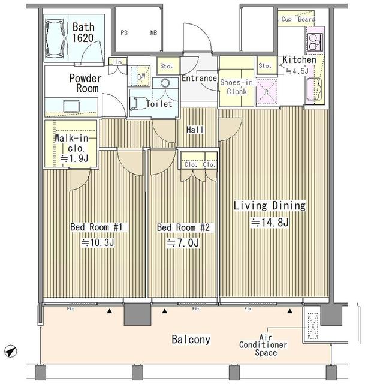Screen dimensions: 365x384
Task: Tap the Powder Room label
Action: [x=85, y=83]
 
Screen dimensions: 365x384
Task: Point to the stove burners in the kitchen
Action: [x=315, y=42]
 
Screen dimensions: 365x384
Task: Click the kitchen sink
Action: [x=315, y=89]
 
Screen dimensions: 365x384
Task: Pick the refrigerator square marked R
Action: [x=267, y=92]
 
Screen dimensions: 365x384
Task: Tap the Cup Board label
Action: [x=298, y=19]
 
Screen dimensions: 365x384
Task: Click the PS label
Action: [x=124, y=32]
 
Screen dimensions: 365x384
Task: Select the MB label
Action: [x=153, y=32]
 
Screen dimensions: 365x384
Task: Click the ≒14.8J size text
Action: [x=270, y=223]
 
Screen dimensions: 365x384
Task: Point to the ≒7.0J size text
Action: [x=182, y=243]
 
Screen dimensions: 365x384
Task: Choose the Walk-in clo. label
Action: [x=71, y=143]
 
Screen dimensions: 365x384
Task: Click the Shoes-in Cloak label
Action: [x=236, y=87]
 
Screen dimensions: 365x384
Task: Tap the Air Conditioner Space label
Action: [x=263, y=345]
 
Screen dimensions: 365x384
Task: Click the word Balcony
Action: [x=191, y=340]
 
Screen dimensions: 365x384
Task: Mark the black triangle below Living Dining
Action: [x=290, y=311]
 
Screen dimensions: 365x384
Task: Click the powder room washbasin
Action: [x=71, y=106]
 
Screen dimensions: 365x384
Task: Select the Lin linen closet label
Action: [x=117, y=62]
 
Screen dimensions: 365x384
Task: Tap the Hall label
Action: [x=195, y=130]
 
